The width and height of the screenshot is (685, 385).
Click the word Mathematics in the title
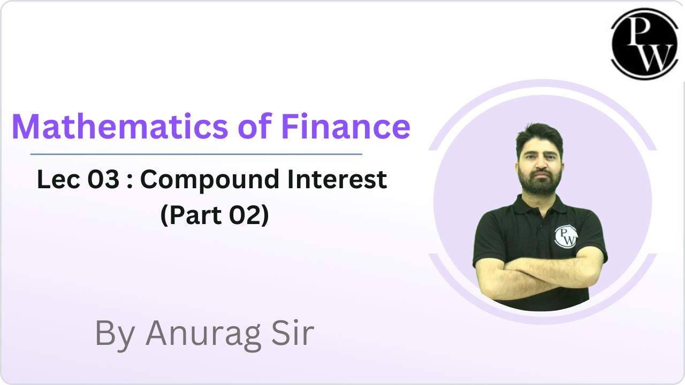pos(120,127)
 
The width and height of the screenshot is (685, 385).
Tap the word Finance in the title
pos(346,127)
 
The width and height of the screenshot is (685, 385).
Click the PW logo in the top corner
pos(645,44)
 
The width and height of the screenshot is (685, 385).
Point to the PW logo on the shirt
pos(566,236)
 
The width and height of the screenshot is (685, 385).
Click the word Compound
pos(209,181)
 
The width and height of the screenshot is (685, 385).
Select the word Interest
pos(337,179)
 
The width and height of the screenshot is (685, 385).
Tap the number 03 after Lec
pos(103,179)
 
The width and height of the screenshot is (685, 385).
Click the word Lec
pos(59,179)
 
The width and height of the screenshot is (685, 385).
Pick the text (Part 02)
pos(215,215)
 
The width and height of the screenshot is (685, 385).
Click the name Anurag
pos(204,335)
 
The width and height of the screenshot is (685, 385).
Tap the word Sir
pos(293,333)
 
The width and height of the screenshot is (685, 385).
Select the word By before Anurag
pos(115,335)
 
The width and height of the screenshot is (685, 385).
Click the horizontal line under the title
pos(196,155)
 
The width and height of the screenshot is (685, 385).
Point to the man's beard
pos(540,183)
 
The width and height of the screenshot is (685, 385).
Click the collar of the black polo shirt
pos(540,204)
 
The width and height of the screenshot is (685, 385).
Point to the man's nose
pos(541,164)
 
